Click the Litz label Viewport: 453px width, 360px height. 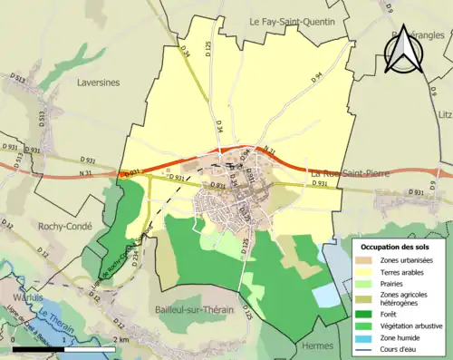point(444,115)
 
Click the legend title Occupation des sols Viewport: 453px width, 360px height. point(397,248)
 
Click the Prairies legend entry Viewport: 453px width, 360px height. point(402,286)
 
